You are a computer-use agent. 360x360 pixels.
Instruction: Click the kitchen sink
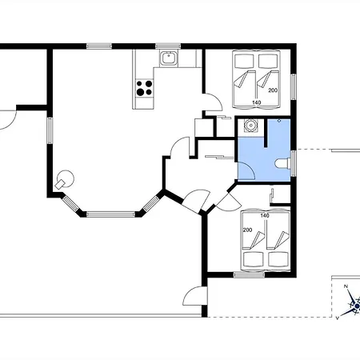(168, 58)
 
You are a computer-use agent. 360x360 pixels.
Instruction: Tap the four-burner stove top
(144, 88)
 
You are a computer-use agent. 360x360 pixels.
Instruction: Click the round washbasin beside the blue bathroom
(251, 125)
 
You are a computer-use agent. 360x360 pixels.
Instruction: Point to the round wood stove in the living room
(65, 180)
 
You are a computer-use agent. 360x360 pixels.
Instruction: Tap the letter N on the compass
(346, 286)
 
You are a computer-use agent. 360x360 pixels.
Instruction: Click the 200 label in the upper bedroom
(273, 90)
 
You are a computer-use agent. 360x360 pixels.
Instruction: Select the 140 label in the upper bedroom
(256, 102)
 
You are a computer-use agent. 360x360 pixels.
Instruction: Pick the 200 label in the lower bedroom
(247, 230)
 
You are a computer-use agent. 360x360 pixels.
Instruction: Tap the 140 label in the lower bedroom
(265, 215)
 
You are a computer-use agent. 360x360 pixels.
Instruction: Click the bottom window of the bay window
(110, 214)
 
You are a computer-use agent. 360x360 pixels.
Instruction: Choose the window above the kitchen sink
(168, 46)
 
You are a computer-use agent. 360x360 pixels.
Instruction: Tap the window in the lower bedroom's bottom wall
(249, 274)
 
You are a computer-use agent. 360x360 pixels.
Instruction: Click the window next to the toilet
(294, 163)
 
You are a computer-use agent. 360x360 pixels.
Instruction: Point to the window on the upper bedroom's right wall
(294, 86)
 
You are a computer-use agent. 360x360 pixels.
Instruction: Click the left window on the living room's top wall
(99, 46)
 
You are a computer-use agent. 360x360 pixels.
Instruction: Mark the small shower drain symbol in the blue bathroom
(279, 121)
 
